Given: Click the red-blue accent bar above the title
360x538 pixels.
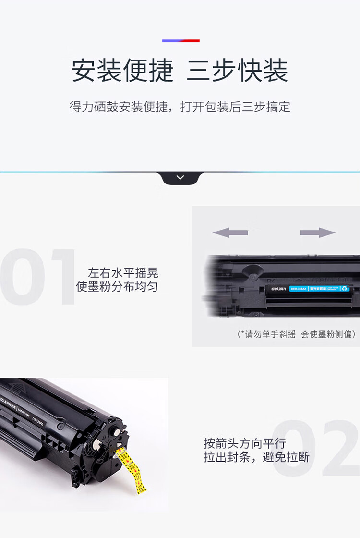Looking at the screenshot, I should coord(180,41).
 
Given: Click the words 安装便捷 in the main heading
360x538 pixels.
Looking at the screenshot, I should coord(122,71).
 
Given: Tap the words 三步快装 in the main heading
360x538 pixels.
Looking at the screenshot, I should coord(237,71).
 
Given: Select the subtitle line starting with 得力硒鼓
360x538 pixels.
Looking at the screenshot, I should coord(180,107).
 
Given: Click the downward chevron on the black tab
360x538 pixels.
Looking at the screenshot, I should coord(180,178).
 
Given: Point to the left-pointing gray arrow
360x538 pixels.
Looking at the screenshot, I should coord(230,233).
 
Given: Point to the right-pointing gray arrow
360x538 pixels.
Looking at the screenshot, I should coord(317,233).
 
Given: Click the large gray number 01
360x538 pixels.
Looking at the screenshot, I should coord(38,278).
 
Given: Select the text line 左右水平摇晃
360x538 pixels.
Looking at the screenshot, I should coord(123,273).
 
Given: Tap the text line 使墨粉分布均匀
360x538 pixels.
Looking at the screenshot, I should coord(117,287).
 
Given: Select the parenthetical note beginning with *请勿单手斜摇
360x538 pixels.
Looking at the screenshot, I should coord(296,334).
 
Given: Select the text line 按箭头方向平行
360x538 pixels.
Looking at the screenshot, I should coord(244,443).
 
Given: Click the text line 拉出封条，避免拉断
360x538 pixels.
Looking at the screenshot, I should coord(256,457).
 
